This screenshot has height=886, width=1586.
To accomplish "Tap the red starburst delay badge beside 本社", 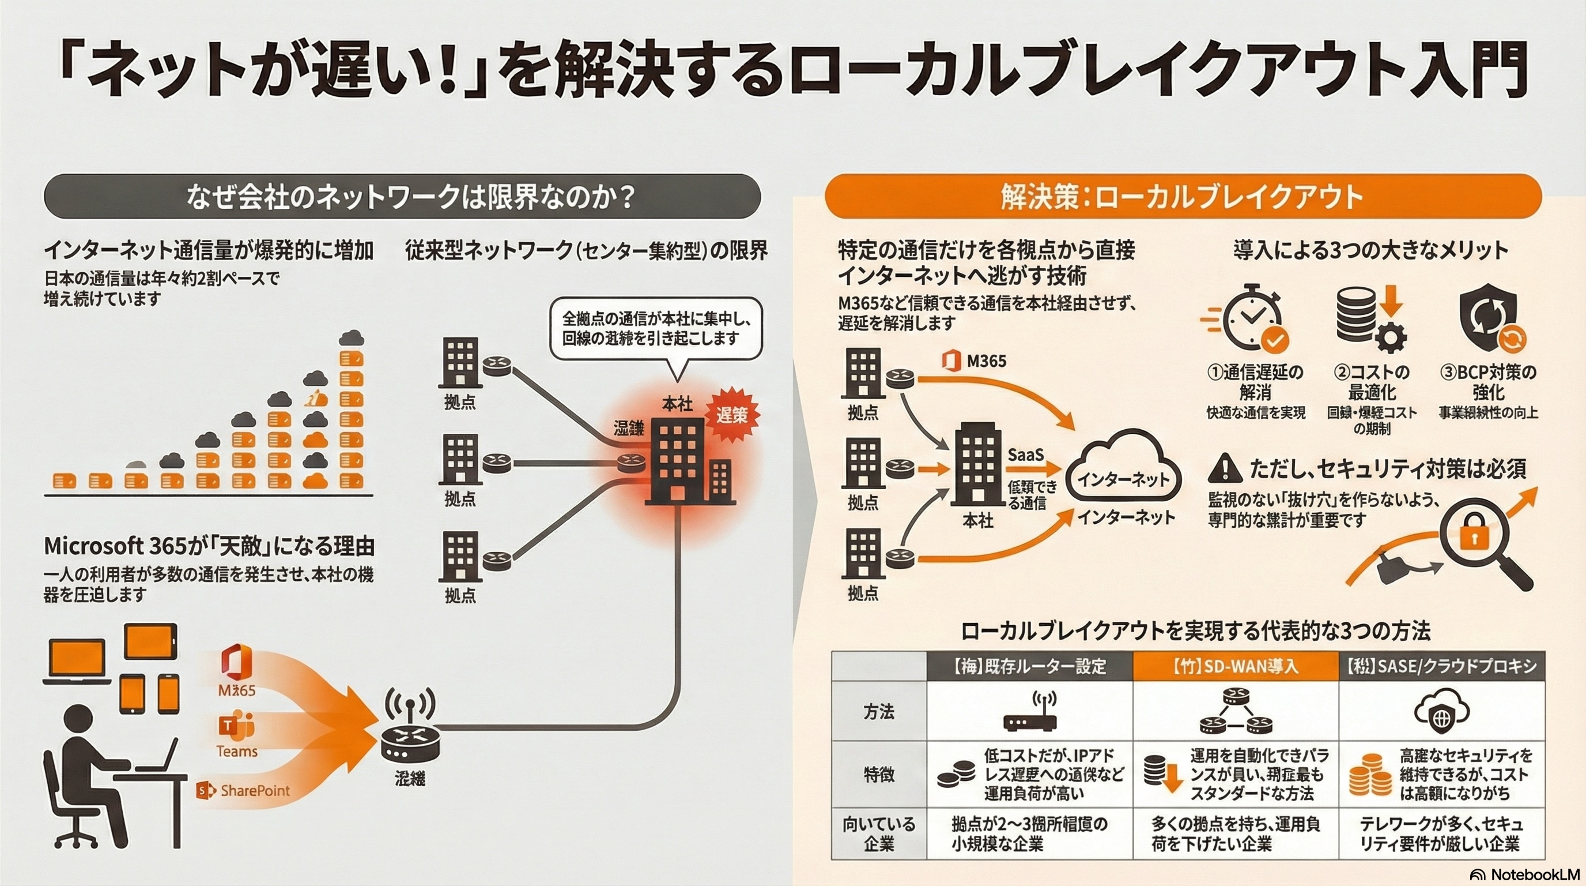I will click(731, 415).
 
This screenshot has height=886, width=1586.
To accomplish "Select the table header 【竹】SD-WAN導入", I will click(1235, 666).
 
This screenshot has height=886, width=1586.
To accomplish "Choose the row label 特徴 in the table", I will click(878, 775).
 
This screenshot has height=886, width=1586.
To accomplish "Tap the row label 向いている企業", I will click(878, 833).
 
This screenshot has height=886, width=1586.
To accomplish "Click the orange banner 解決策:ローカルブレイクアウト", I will click(1182, 197).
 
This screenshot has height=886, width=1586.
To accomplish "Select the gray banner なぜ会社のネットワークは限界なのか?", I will click(402, 197).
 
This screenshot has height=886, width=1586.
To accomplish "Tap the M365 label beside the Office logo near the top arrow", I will click(986, 361).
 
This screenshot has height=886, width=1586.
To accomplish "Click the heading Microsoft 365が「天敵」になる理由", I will click(209, 546).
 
